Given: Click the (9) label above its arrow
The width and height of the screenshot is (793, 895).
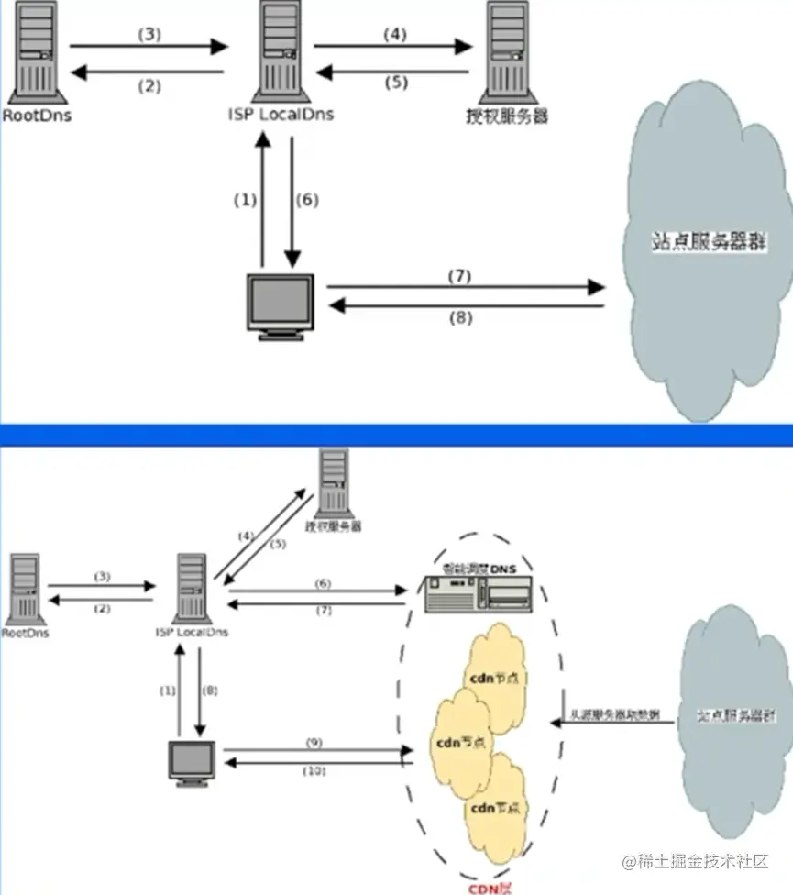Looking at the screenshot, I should [314, 740].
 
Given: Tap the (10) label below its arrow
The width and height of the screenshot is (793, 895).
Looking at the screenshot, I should [314, 771].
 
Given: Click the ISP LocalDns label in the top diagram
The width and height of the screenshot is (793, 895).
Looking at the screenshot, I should [281, 116].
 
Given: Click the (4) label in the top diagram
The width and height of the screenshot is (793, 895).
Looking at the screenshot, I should [393, 35].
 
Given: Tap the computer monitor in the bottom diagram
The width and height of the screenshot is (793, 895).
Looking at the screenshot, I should [193, 760].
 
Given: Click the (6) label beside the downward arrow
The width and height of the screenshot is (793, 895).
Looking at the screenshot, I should [308, 200].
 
